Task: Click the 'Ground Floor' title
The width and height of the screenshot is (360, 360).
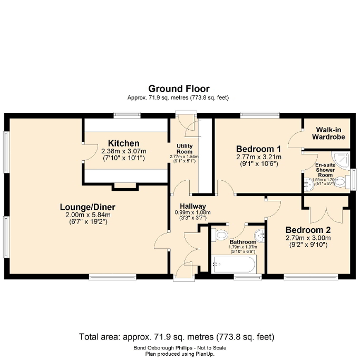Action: [178, 89]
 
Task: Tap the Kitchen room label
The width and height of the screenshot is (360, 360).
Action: [123, 143]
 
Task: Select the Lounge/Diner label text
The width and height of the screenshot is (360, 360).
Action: [87, 207]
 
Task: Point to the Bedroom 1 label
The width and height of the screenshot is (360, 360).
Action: [258, 149]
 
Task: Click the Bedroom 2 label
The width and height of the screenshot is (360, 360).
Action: [308, 230]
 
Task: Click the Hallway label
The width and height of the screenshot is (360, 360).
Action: [192, 206]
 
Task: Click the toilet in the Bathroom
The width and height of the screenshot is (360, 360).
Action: [221, 235]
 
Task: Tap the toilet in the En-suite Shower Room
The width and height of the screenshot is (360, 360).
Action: [340, 182]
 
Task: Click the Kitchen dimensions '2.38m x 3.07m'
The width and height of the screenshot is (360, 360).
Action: [123, 151]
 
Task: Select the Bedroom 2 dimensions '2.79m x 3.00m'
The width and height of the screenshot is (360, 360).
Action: [308, 238]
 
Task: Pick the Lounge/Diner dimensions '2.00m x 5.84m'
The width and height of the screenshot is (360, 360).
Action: [87, 215]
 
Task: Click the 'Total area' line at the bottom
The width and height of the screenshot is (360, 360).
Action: [177, 336]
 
